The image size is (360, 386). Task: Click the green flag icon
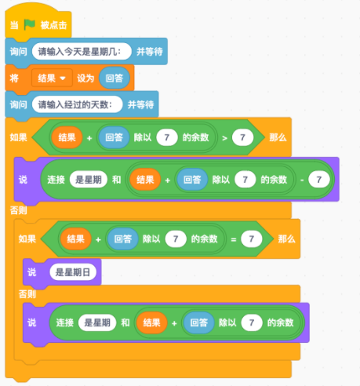pos(30,24)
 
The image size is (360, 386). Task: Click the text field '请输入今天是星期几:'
pos(82,52)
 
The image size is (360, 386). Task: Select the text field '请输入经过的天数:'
pos(77,104)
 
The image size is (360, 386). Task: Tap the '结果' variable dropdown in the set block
pos(52,78)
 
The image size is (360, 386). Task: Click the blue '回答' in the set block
pos(115,78)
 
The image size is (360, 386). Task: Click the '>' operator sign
pos(224,138)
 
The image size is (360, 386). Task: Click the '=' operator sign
pos(234,239)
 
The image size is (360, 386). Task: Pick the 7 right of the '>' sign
pos(242,137)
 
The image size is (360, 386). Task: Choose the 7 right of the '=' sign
pos(252,239)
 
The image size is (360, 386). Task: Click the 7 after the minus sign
pos(319,180)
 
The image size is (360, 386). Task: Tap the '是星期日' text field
pos(73,272)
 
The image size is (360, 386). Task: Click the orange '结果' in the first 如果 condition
pos(67,137)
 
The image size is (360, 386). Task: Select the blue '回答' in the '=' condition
pos(123,239)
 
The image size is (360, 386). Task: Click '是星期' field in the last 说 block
pos(97,322)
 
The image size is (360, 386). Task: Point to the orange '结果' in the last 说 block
pos(151,322)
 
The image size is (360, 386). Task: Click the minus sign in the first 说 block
pos(302,180)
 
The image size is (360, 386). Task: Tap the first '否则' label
pos(18,210)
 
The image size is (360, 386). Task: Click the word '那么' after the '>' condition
pos(278,137)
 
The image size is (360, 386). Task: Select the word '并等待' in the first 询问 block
pos(150,52)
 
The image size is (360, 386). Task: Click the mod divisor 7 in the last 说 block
pos(252,322)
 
